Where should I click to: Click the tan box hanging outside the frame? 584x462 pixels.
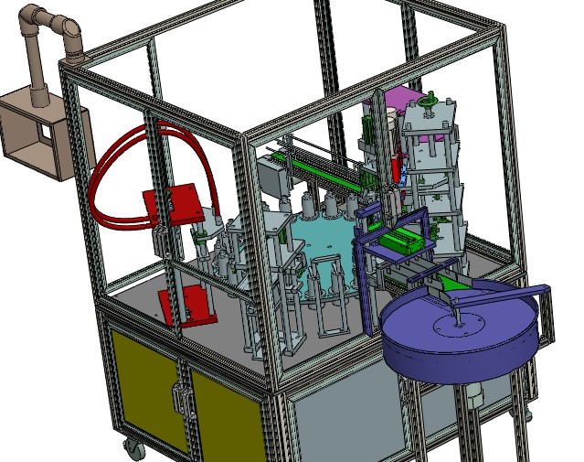[37, 137]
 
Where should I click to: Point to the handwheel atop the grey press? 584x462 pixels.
[430, 100]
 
